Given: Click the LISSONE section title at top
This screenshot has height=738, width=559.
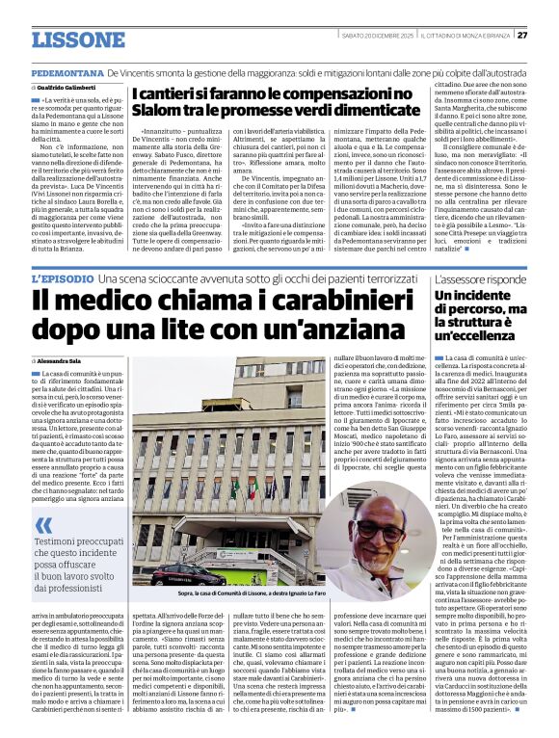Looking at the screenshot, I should (x=78, y=40).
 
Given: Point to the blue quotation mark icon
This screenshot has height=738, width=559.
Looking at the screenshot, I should (x=43, y=526).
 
